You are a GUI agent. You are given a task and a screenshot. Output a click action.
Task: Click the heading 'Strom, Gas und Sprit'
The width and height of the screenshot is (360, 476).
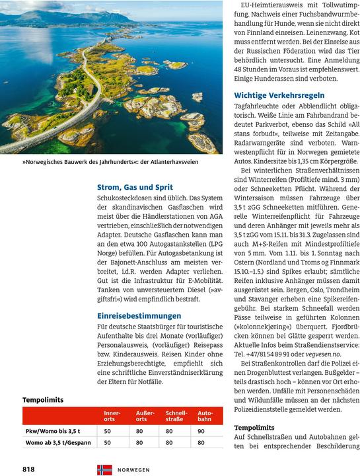135,188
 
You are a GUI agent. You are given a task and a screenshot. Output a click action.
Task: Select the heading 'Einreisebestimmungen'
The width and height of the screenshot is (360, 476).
139,316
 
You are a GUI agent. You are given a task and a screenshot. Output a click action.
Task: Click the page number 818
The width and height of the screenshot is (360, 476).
28,469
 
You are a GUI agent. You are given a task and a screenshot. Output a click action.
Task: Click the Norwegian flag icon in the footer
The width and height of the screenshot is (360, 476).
104,469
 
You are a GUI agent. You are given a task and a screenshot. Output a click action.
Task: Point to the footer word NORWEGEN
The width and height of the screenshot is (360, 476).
133,469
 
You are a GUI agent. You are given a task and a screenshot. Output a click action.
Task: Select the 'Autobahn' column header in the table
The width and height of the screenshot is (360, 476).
205,416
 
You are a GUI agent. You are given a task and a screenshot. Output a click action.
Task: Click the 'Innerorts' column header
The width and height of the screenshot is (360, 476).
112,416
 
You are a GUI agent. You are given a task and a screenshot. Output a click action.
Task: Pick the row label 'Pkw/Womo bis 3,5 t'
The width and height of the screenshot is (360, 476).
53,431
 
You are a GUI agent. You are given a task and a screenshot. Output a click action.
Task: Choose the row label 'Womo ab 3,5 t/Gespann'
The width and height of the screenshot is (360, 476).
58,443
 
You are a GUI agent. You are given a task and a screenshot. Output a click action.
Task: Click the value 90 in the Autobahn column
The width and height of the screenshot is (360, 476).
201,431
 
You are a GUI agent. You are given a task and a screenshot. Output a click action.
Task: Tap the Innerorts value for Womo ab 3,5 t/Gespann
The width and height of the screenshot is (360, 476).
107,443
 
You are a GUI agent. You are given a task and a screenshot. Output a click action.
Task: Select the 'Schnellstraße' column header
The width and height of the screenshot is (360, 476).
176,416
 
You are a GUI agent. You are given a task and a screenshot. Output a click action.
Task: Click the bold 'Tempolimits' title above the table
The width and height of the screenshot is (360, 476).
42,400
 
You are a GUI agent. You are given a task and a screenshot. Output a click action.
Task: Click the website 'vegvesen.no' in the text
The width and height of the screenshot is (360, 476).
322,353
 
